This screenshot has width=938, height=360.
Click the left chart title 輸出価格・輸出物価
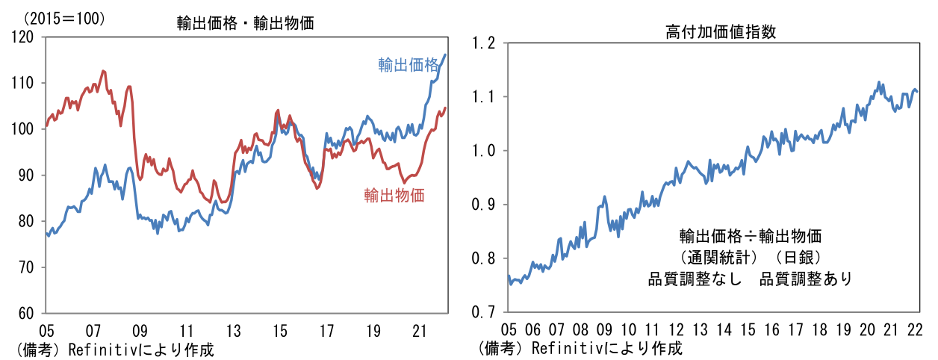pos(245,23)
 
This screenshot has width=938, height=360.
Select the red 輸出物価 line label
pos(394,196)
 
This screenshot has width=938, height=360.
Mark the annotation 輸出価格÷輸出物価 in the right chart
pos(750,237)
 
